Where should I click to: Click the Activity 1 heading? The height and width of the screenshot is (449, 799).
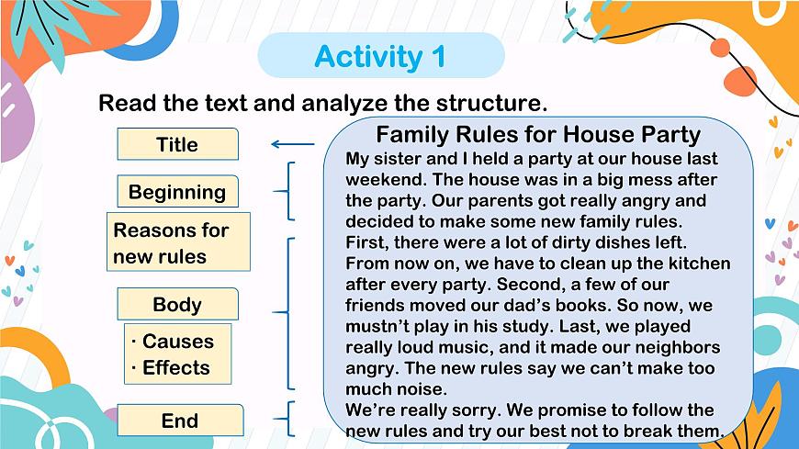380,57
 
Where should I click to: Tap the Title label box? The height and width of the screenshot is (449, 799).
177,144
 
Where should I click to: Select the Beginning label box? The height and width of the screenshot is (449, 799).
177,192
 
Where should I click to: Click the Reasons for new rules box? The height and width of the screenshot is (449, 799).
178,242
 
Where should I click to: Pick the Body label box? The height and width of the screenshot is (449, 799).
177,305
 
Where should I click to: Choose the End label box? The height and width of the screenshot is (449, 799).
180,421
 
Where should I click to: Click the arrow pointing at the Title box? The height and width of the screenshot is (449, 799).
292,143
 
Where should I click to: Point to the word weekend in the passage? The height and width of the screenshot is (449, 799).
382,179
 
